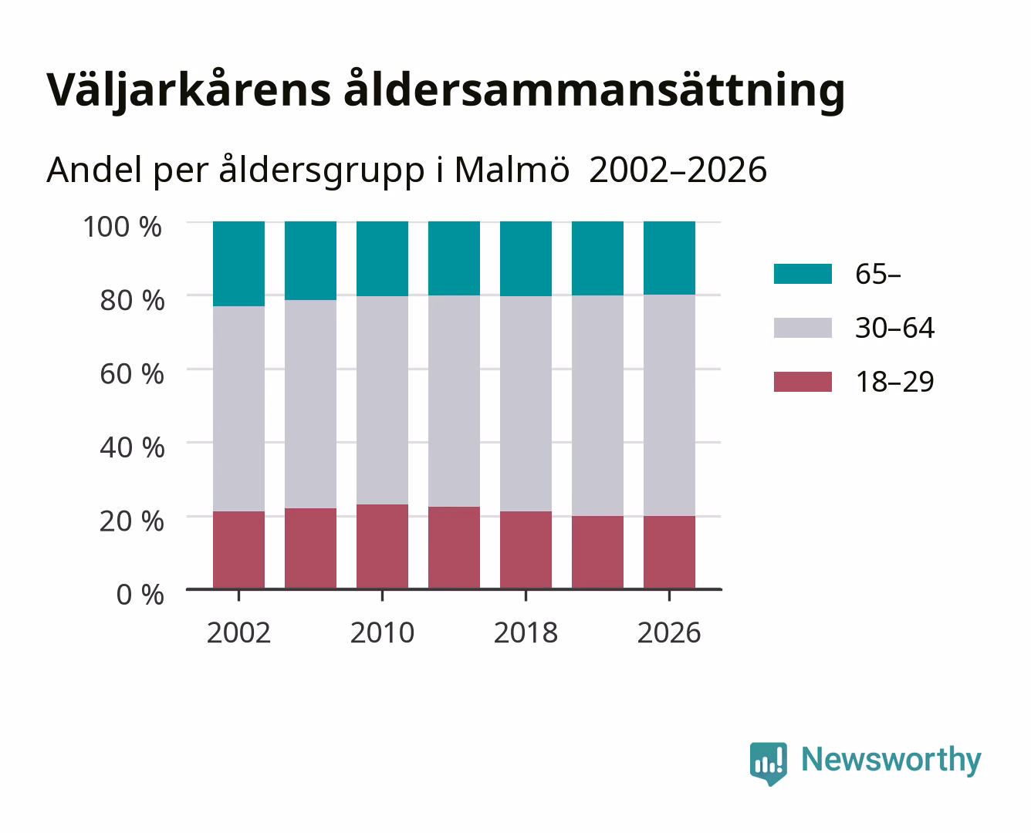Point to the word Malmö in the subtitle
pos(512,170)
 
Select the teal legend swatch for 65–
pos(803,274)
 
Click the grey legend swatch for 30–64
pos(803,328)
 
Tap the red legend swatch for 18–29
pos(803,382)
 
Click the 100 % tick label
pos(123,227)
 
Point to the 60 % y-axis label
pos(132,374)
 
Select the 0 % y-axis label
pos(140,595)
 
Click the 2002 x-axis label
pos(238,632)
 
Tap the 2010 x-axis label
pos(383,632)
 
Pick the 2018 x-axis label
pos(526,632)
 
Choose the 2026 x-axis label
pos(669,632)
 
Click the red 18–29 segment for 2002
pos(238,550)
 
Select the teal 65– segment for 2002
pos(238,264)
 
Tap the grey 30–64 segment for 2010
pos(383,400)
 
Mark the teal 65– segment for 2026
pos(669,258)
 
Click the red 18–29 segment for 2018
pos(526,550)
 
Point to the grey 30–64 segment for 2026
pos(669,406)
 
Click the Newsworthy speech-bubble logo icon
pos(769,764)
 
